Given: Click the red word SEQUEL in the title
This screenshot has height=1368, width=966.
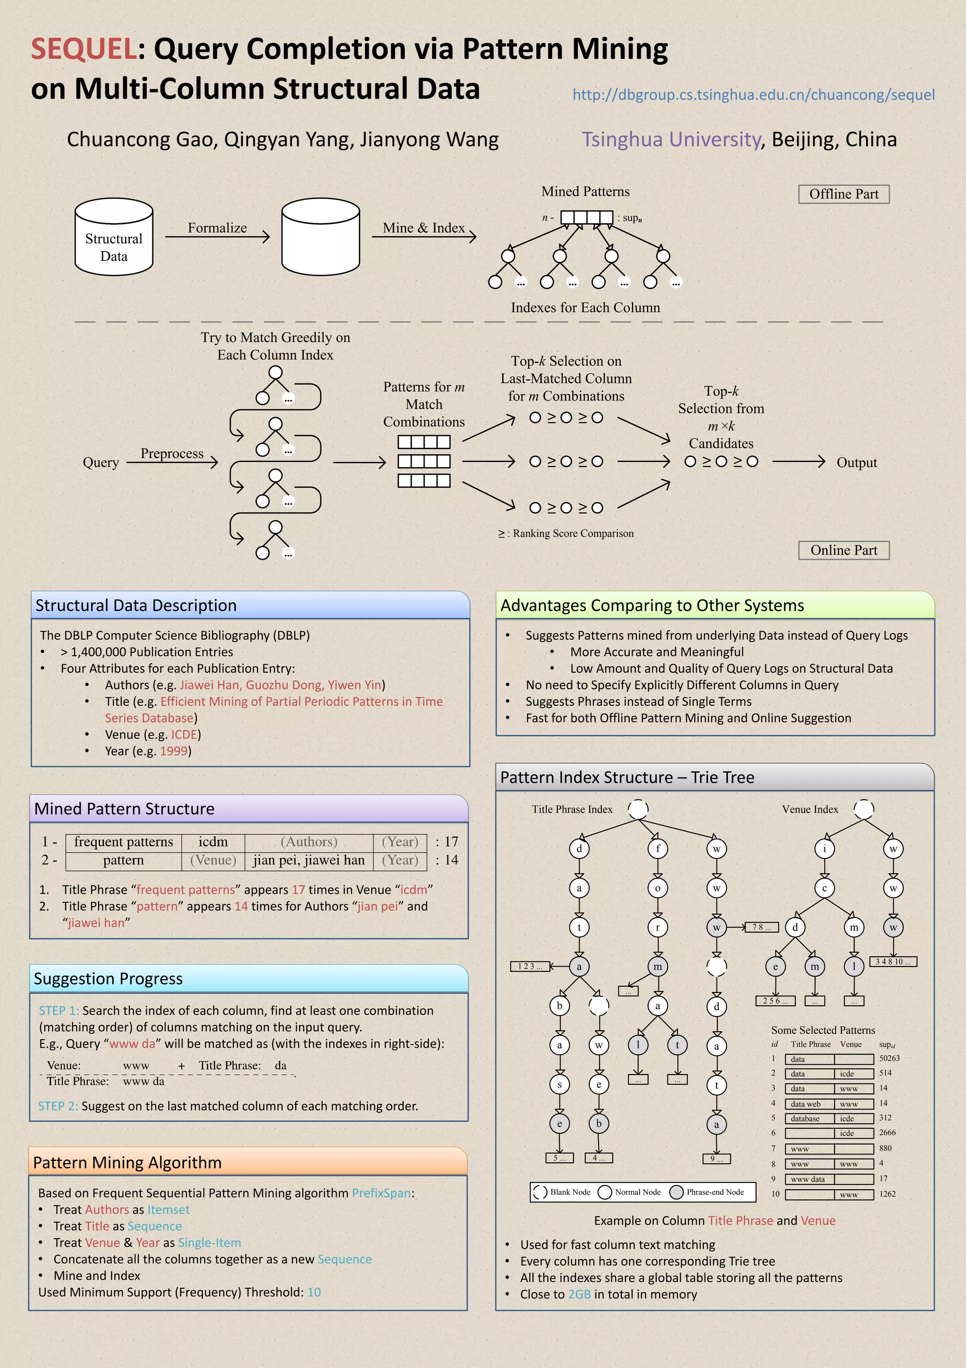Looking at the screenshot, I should click(x=84, y=49).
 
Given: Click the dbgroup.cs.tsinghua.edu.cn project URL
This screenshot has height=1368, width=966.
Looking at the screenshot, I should click(x=753, y=95).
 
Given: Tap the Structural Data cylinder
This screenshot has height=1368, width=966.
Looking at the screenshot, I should click(x=114, y=238).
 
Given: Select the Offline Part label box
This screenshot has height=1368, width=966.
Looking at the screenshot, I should click(x=843, y=194).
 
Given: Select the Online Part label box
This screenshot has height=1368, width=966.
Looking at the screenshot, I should click(x=843, y=551).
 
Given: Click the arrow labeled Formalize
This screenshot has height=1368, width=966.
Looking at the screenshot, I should click(x=217, y=236).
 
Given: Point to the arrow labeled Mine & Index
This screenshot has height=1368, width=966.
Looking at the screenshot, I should click(x=424, y=236).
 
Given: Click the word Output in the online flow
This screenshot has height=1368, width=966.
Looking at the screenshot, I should click(x=857, y=463).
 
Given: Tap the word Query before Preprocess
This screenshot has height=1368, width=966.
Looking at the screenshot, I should click(x=101, y=463).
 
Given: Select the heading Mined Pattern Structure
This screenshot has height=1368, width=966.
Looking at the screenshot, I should click(x=125, y=809).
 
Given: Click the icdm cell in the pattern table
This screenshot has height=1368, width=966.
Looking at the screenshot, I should click(x=213, y=842).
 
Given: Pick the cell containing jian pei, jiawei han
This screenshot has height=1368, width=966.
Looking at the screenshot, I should click(x=308, y=860).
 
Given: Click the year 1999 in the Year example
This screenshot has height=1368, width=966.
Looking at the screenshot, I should click(x=174, y=751).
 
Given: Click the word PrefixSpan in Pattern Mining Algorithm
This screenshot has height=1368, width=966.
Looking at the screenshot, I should click(x=382, y=1193).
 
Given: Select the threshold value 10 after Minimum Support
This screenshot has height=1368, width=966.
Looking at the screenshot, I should click(x=314, y=1293).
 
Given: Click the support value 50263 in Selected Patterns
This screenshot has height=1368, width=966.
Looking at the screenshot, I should click(x=889, y=1058).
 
